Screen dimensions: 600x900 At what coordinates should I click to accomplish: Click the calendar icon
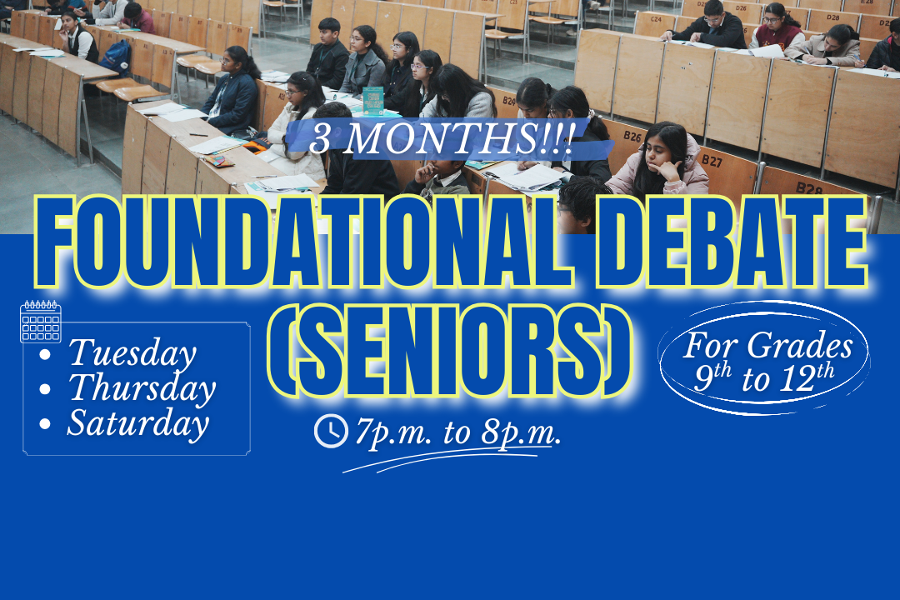[x=41, y=322]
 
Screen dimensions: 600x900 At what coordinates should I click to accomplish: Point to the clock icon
[x=331, y=431]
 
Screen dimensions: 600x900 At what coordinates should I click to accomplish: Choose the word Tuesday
[x=132, y=353]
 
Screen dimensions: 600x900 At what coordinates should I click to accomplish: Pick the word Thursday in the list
[x=142, y=388]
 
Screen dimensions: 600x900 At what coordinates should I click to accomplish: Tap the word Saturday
[x=137, y=423]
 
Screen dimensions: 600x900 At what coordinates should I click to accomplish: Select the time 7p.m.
[x=387, y=432]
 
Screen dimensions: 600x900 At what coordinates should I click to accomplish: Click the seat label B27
[x=711, y=160]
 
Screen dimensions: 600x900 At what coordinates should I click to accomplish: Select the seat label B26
[x=632, y=135]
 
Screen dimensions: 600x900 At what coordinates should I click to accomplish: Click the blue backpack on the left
[x=117, y=57]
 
